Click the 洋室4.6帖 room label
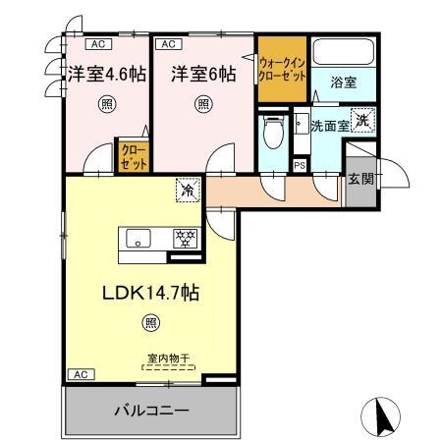(106, 74)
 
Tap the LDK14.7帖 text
(147, 292)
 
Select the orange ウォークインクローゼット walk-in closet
(282, 71)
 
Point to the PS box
(299, 165)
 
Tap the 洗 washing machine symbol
(362, 121)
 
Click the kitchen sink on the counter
(138, 239)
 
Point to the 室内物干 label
(169, 359)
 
